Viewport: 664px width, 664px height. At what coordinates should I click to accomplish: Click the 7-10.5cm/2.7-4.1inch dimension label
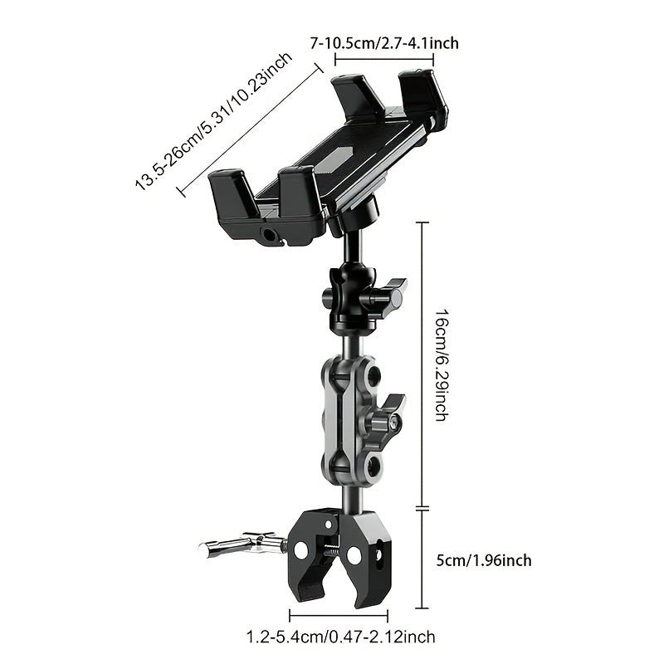pos(384,43)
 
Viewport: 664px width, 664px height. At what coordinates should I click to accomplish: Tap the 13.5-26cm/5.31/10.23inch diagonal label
pos(214,122)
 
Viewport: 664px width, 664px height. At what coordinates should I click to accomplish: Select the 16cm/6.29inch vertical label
pos(441,364)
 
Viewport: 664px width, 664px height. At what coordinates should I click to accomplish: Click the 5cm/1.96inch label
pos(484,561)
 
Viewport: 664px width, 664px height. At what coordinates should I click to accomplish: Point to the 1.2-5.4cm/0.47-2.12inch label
pos(340,637)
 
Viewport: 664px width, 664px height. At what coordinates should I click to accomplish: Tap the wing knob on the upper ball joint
pos(388,296)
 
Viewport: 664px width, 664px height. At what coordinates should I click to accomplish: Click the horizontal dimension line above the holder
pos(384,59)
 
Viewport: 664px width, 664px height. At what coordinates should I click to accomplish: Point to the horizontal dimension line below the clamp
pos(339,615)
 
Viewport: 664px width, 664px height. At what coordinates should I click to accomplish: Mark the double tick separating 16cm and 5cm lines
pos(422,508)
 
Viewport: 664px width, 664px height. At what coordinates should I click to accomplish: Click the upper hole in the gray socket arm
pos(374,374)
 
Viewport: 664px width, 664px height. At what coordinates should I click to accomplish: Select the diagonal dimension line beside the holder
pos(250,130)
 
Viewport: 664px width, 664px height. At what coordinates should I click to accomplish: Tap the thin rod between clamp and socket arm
pos(351,497)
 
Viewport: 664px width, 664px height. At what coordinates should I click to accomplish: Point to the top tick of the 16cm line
pos(422,222)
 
